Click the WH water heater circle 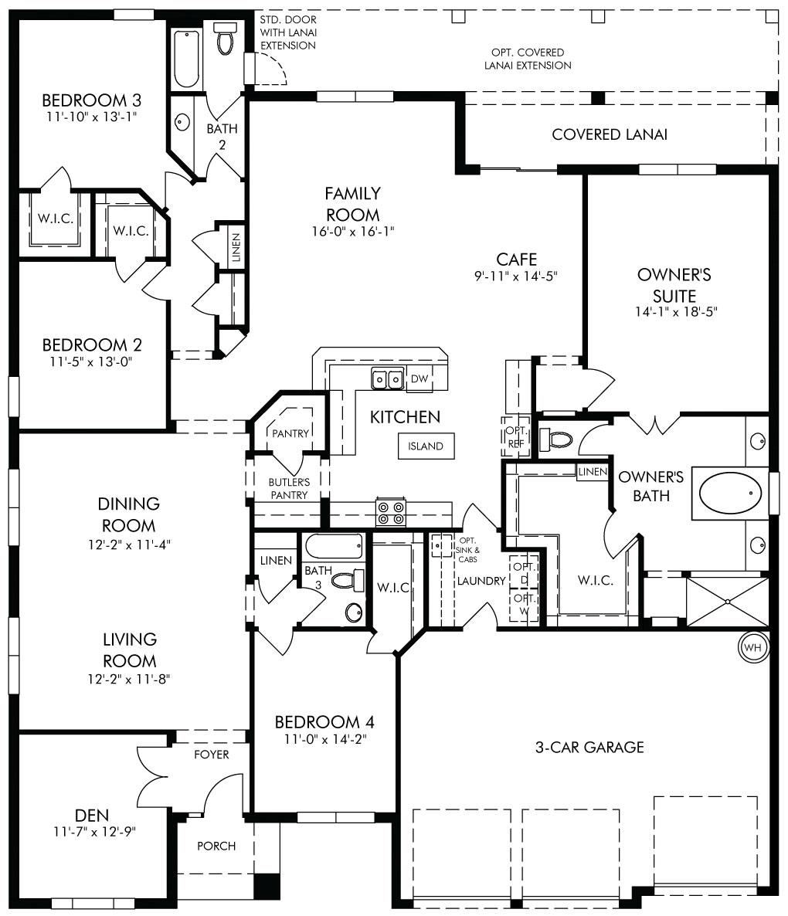coord(753,646)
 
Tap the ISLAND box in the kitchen coord(426,446)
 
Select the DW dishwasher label coord(419,378)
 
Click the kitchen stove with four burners coord(391,512)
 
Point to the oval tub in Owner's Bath coord(730,493)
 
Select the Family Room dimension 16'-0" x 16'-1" coord(353,232)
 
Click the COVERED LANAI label coord(610,134)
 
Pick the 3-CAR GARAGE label coord(589,747)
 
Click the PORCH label coord(216,846)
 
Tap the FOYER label coord(212,755)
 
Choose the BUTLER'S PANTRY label coord(289,488)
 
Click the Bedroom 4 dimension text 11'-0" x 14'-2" coord(325,739)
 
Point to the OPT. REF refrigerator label coord(516,437)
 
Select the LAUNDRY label coord(481,581)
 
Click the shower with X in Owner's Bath coord(727,602)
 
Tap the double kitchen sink coord(388,379)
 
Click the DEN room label coord(92,816)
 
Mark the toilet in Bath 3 coord(347,581)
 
